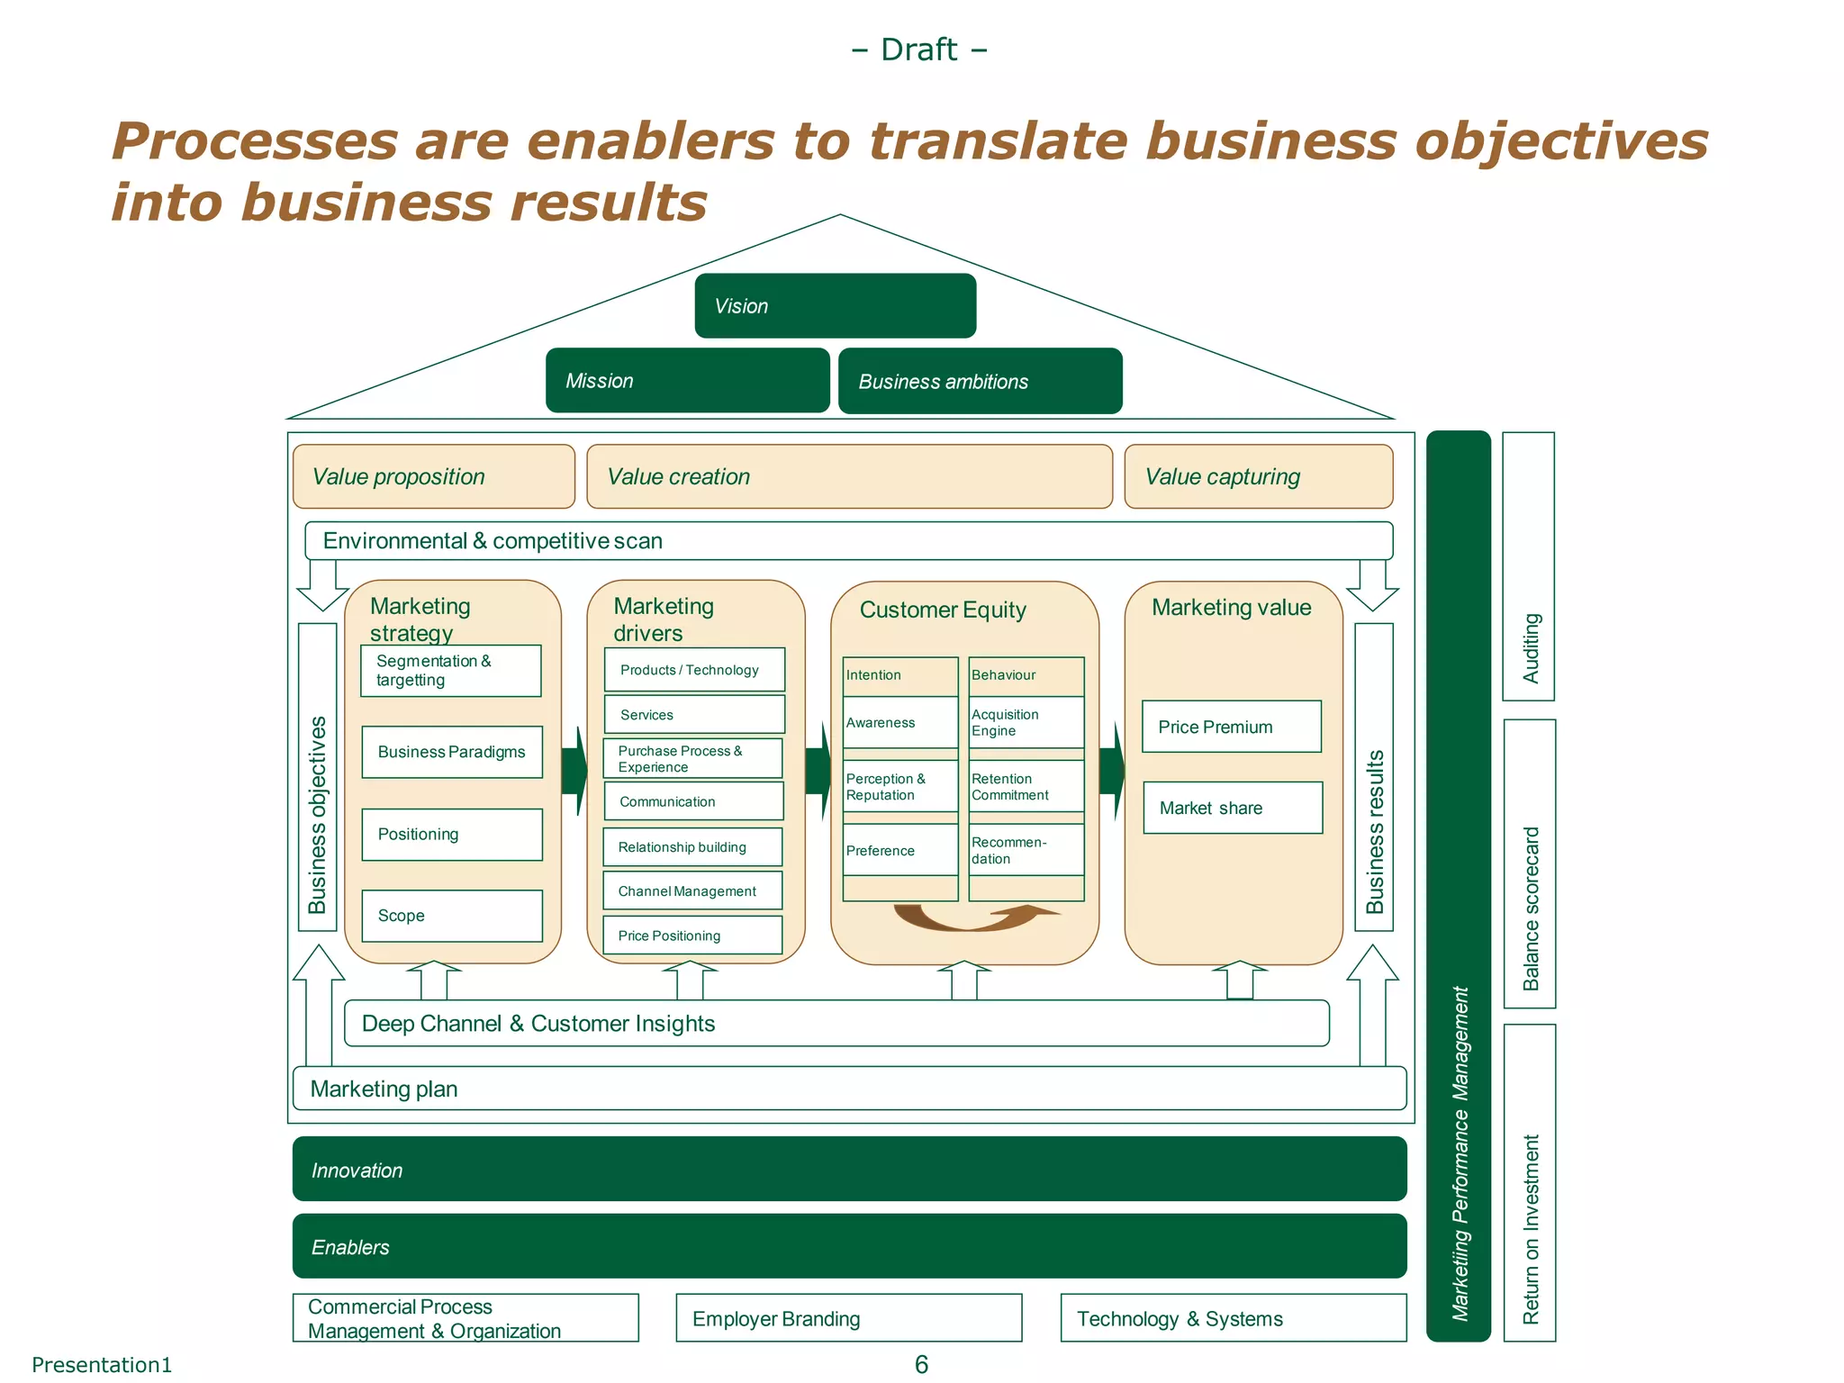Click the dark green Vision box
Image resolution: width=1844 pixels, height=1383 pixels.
[835, 306]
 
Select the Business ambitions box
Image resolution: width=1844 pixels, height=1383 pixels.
[980, 381]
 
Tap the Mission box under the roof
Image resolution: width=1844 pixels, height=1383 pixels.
[687, 380]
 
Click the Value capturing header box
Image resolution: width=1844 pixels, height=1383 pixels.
[1258, 476]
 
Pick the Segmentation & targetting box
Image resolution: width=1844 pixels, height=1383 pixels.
[450, 671]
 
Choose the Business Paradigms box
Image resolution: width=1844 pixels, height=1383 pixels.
[451, 752]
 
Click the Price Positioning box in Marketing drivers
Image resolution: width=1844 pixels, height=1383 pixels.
[691, 936]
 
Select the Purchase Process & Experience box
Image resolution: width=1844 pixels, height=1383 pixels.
[691, 758]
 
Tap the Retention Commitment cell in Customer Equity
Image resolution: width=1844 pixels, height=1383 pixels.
[1026, 787]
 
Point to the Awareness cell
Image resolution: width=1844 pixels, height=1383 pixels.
[899, 722]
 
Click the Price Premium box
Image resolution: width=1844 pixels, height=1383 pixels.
[1231, 727]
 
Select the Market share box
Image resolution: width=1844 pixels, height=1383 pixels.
[1232, 808]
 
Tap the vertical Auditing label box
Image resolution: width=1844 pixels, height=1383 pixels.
[1528, 567]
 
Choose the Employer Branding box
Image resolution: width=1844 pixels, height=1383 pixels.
[848, 1318]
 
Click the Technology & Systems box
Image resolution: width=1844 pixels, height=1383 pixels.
[1233, 1318]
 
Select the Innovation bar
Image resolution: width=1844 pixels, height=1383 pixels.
[848, 1169]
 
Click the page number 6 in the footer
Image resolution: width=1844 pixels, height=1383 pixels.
[921, 1364]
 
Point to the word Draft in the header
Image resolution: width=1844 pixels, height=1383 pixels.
[918, 50]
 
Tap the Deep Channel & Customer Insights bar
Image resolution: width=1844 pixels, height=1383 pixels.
[836, 1024]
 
